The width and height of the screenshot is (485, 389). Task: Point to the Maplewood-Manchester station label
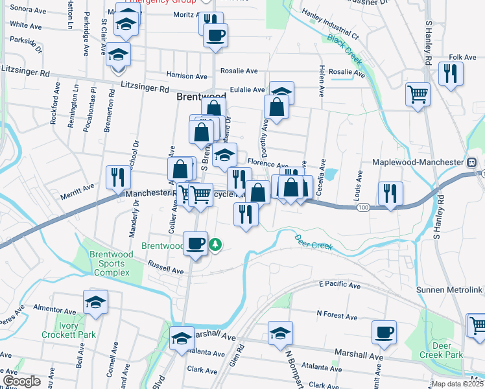click(418, 161)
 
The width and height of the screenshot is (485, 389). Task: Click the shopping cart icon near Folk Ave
click(418, 94)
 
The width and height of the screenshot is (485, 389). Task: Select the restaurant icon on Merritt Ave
click(117, 176)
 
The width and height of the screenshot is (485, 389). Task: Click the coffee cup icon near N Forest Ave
click(384, 332)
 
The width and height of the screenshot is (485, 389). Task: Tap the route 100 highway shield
click(363, 207)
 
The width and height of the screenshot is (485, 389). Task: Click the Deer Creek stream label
click(313, 245)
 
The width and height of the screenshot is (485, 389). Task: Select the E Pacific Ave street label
click(339, 285)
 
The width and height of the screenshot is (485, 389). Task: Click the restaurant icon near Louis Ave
click(390, 193)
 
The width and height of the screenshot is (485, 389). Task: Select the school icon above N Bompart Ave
click(280, 333)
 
